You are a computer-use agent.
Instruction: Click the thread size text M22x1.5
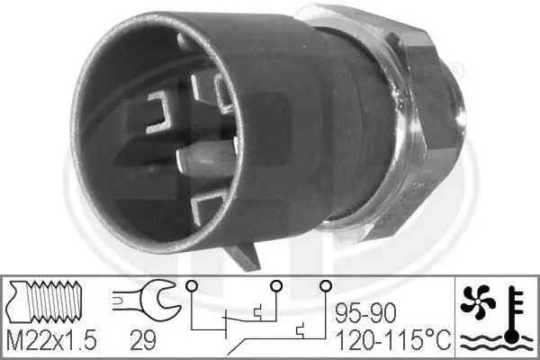(51, 340)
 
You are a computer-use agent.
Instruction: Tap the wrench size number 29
(143, 340)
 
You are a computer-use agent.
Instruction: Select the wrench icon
(147, 299)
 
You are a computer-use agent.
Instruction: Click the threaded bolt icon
(45, 301)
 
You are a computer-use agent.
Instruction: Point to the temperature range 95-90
(365, 313)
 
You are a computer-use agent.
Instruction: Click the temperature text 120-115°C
(393, 340)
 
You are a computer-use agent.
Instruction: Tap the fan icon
(478, 301)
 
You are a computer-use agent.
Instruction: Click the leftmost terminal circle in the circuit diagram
(192, 285)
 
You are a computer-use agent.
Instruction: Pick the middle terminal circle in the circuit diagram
(276, 285)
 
